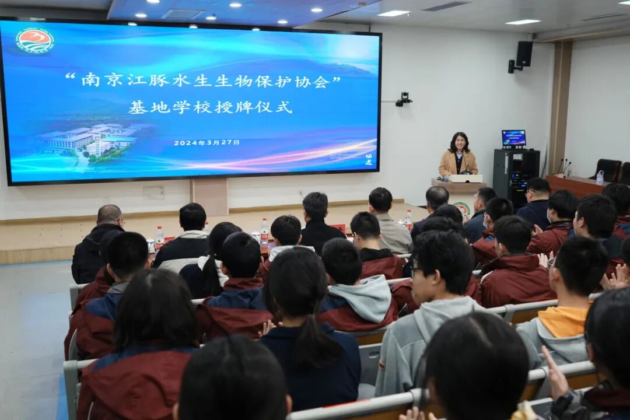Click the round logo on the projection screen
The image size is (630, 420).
[x=34, y=40]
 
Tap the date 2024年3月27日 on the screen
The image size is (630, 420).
[x=206, y=142]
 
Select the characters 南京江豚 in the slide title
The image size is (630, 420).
[x=125, y=80]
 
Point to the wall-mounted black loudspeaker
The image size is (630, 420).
[x=523, y=54]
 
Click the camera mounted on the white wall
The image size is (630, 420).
[x=404, y=99]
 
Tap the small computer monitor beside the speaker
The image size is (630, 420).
[x=513, y=138]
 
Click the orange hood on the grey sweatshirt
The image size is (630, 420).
[x=563, y=321]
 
